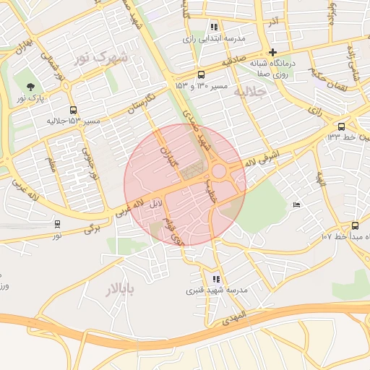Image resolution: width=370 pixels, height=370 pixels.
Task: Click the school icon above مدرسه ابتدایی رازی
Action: (214, 27)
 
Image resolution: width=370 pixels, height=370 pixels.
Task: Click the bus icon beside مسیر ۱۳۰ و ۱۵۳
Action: (200, 74)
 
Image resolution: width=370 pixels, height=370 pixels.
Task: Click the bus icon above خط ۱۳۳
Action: (341, 126)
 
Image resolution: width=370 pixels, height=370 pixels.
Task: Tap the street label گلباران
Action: (169, 147)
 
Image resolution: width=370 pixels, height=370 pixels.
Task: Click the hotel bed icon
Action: (296, 206)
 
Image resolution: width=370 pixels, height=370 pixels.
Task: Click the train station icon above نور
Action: (57, 224)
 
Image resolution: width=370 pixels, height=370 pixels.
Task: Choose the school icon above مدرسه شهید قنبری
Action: (216, 279)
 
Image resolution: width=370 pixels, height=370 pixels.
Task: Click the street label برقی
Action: (90, 228)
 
